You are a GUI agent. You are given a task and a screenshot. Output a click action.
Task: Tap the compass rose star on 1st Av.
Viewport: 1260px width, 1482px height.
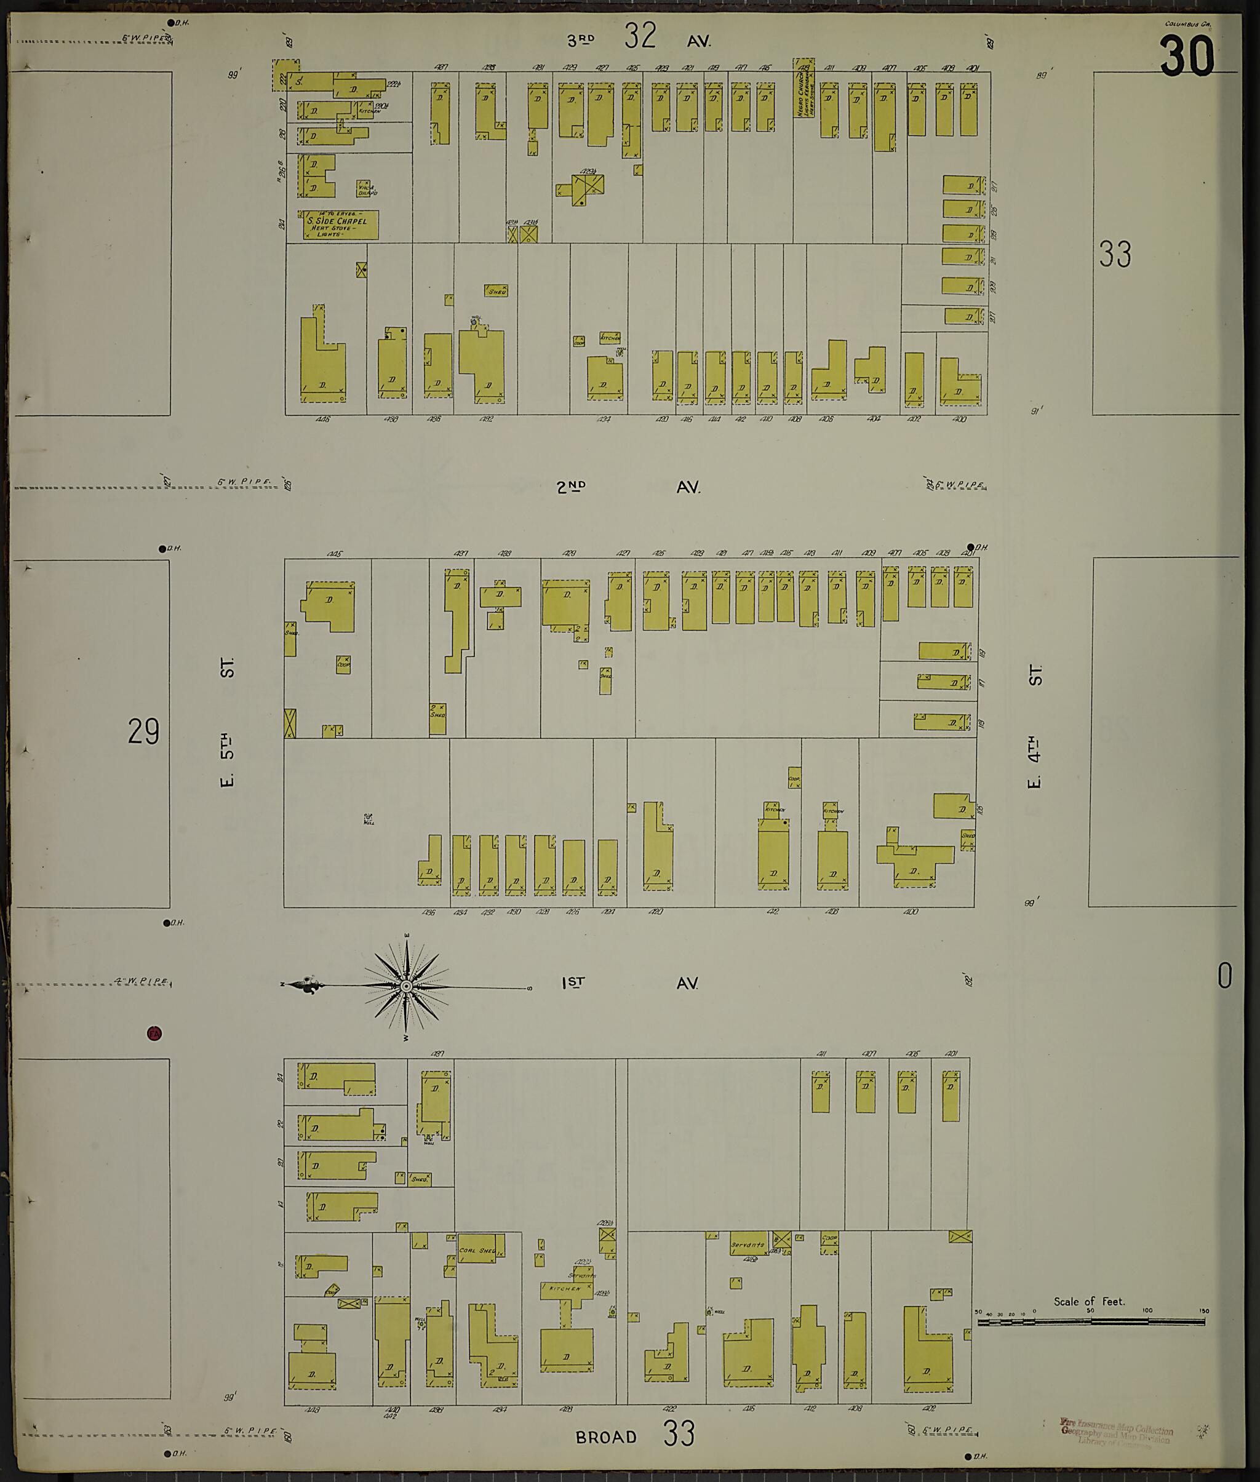pyautogui.click(x=405, y=986)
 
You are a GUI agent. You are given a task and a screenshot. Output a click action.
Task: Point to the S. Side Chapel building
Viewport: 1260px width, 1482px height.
pyautogui.click(x=339, y=225)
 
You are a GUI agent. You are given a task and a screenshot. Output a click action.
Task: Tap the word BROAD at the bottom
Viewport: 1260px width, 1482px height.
pyautogui.click(x=606, y=1436)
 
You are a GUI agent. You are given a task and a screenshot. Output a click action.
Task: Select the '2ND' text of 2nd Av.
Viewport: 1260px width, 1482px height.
pyautogui.click(x=572, y=487)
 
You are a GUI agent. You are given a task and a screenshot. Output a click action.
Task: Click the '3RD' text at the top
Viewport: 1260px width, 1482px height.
pyautogui.click(x=581, y=41)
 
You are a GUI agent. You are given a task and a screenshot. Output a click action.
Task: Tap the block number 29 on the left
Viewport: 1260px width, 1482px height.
pyautogui.click(x=143, y=731)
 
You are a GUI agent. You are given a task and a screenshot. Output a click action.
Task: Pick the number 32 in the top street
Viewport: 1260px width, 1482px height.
pyautogui.click(x=640, y=36)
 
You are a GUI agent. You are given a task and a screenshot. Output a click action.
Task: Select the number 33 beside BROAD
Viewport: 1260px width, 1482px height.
pyautogui.click(x=679, y=1433)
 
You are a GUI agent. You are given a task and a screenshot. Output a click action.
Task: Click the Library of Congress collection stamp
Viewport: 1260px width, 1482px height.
pyautogui.click(x=1115, y=1432)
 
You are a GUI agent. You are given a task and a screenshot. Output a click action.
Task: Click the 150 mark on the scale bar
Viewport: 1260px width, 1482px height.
pyautogui.click(x=1204, y=1312)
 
